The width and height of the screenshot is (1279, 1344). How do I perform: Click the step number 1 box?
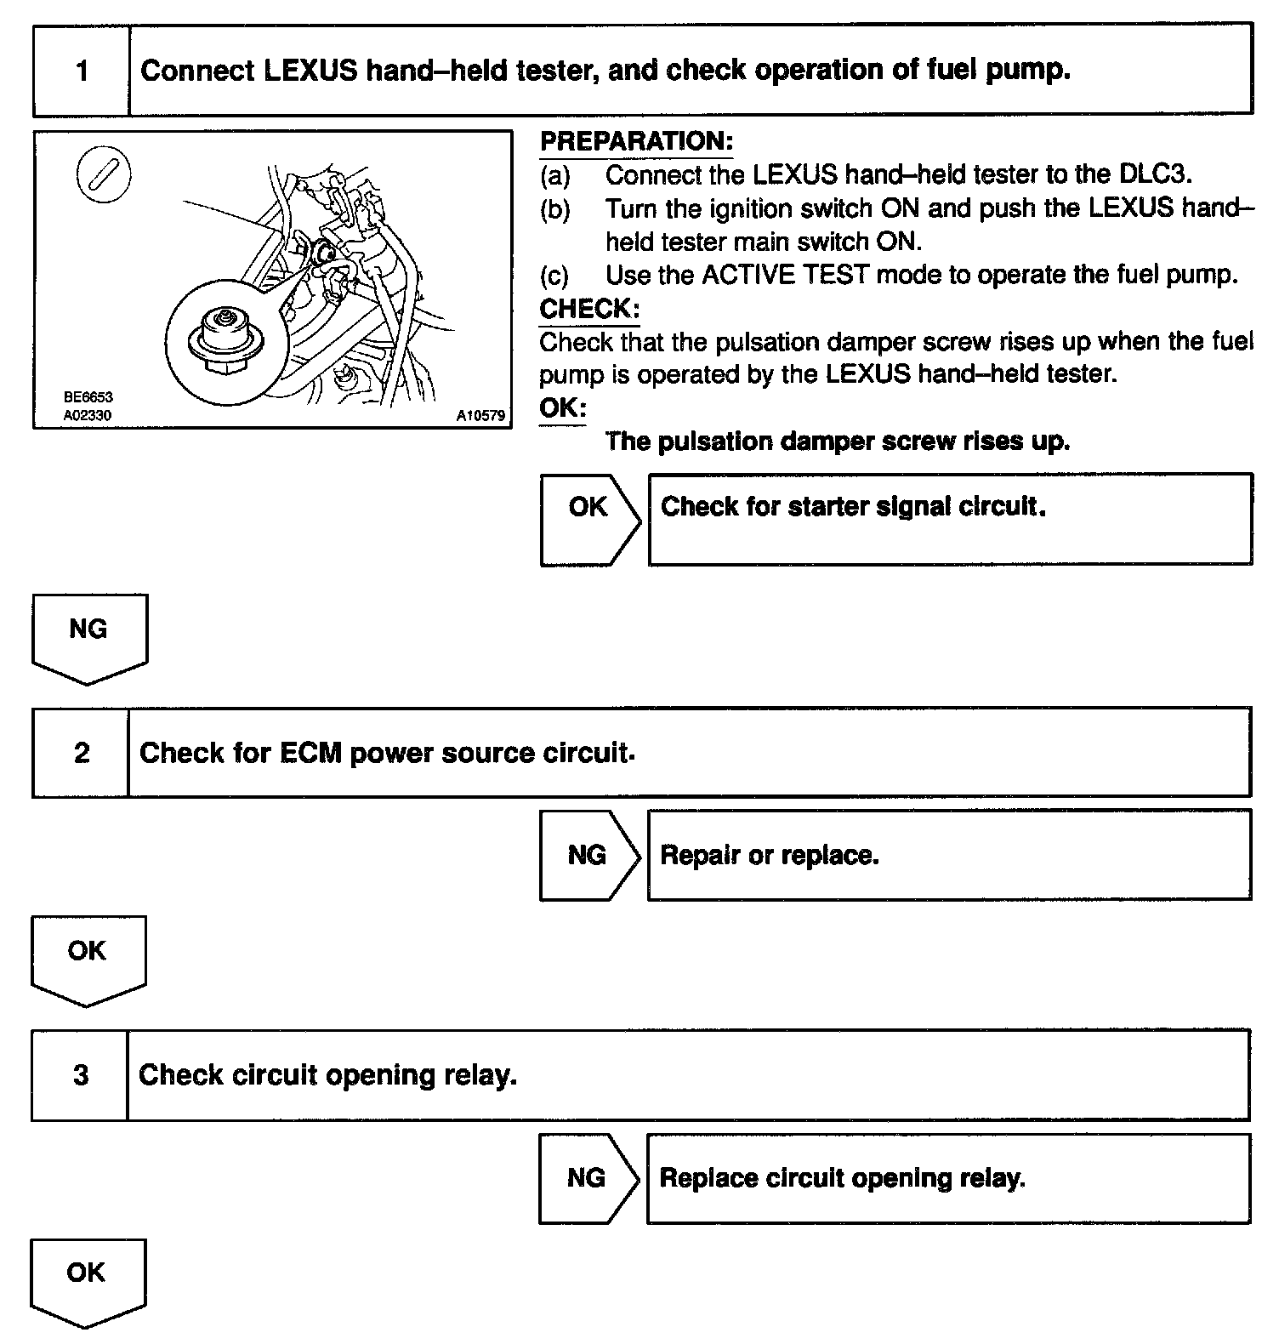point(82,70)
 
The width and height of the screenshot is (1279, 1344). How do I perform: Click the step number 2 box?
point(81,753)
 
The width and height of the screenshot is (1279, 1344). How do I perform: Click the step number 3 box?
point(80,1075)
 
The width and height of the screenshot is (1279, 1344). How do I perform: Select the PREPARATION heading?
point(636,141)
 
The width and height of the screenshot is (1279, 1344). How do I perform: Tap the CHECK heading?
point(588,309)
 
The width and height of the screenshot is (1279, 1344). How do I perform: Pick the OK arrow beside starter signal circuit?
point(588,519)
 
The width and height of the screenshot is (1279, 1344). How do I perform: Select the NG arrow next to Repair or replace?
point(588,855)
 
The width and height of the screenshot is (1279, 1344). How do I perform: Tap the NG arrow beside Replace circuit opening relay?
point(587,1178)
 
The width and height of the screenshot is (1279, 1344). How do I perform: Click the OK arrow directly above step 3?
point(88,959)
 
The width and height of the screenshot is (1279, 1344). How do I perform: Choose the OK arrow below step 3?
point(87,1280)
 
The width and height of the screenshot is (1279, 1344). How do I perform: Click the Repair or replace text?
point(769,855)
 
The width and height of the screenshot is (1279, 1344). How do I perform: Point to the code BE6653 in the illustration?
point(88,397)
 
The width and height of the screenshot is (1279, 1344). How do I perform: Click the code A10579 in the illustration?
point(480,416)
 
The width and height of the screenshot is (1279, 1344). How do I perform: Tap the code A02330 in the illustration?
point(88,416)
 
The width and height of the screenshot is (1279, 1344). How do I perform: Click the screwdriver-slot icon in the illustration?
point(104,174)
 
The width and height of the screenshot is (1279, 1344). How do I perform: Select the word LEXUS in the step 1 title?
point(310,70)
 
